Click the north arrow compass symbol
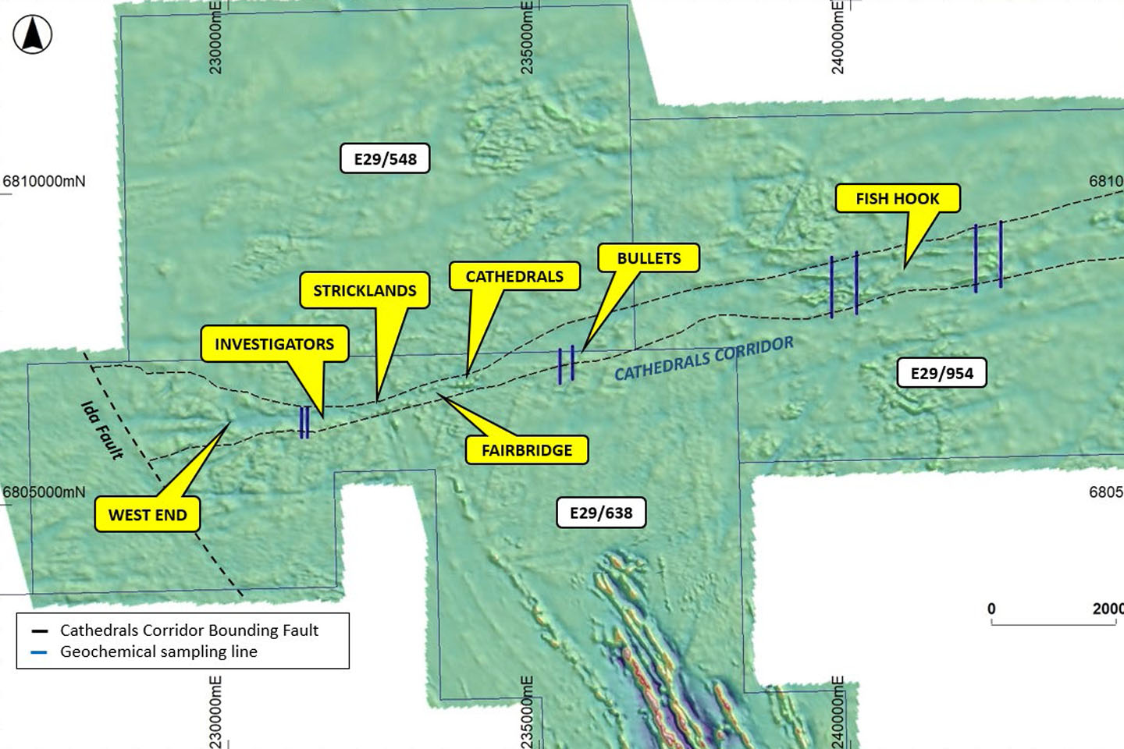(x=33, y=35)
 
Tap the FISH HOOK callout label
(x=897, y=199)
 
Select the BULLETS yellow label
(x=649, y=258)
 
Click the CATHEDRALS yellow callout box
(x=514, y=276)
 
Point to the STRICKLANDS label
(x=365, y=290)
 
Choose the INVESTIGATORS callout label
(x=274, y=344)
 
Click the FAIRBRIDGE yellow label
(x=526, y=450)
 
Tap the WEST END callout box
(x=148, y=515)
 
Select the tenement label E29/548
(x=385, y=159)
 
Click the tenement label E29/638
(x=601, y=513)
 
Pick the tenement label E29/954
(x=941, y=373)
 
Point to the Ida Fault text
(x=103, y=430)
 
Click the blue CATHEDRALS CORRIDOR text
(x=704, y=359)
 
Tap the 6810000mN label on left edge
(x=44, y=182)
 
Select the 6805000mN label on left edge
(x=44, y=492)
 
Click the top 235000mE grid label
(x=528, y=37)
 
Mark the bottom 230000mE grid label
(x=216, y=712)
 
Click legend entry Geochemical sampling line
(x=158, y=651)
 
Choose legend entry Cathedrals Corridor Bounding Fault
(x=189, y=630)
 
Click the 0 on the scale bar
(x=991, y=609)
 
